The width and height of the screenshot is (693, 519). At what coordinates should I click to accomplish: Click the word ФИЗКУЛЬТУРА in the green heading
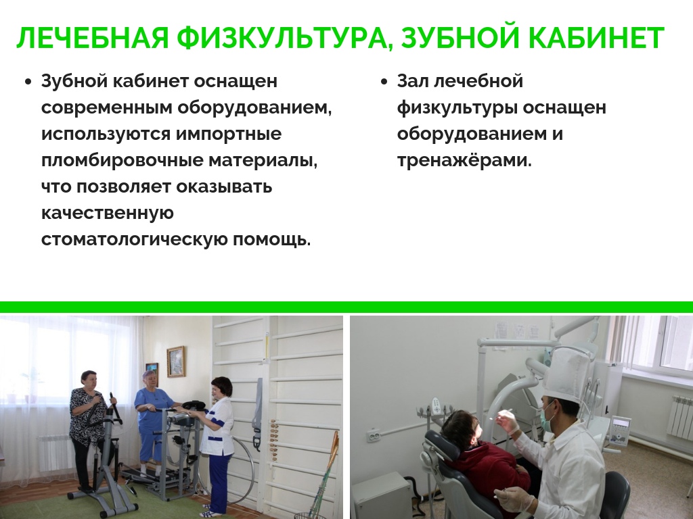285,38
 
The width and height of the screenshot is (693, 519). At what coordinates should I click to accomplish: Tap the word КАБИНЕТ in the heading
596,38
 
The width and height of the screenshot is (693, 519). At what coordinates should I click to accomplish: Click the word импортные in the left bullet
229,134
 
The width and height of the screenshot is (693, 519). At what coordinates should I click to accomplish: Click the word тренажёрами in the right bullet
464,160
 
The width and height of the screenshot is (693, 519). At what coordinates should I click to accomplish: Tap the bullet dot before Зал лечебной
384,82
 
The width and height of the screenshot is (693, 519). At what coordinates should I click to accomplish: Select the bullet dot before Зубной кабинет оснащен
28,82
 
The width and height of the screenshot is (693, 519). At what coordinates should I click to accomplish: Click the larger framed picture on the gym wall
175,362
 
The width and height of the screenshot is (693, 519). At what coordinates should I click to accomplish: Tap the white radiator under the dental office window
679,416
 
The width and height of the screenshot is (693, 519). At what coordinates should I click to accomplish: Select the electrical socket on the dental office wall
374,437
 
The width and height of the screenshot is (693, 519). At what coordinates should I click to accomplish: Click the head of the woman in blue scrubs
150,380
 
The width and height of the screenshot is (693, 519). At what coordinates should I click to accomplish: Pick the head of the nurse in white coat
221,388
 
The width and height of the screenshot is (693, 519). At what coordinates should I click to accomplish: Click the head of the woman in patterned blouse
89,381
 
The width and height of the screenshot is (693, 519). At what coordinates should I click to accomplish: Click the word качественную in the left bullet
108,214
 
